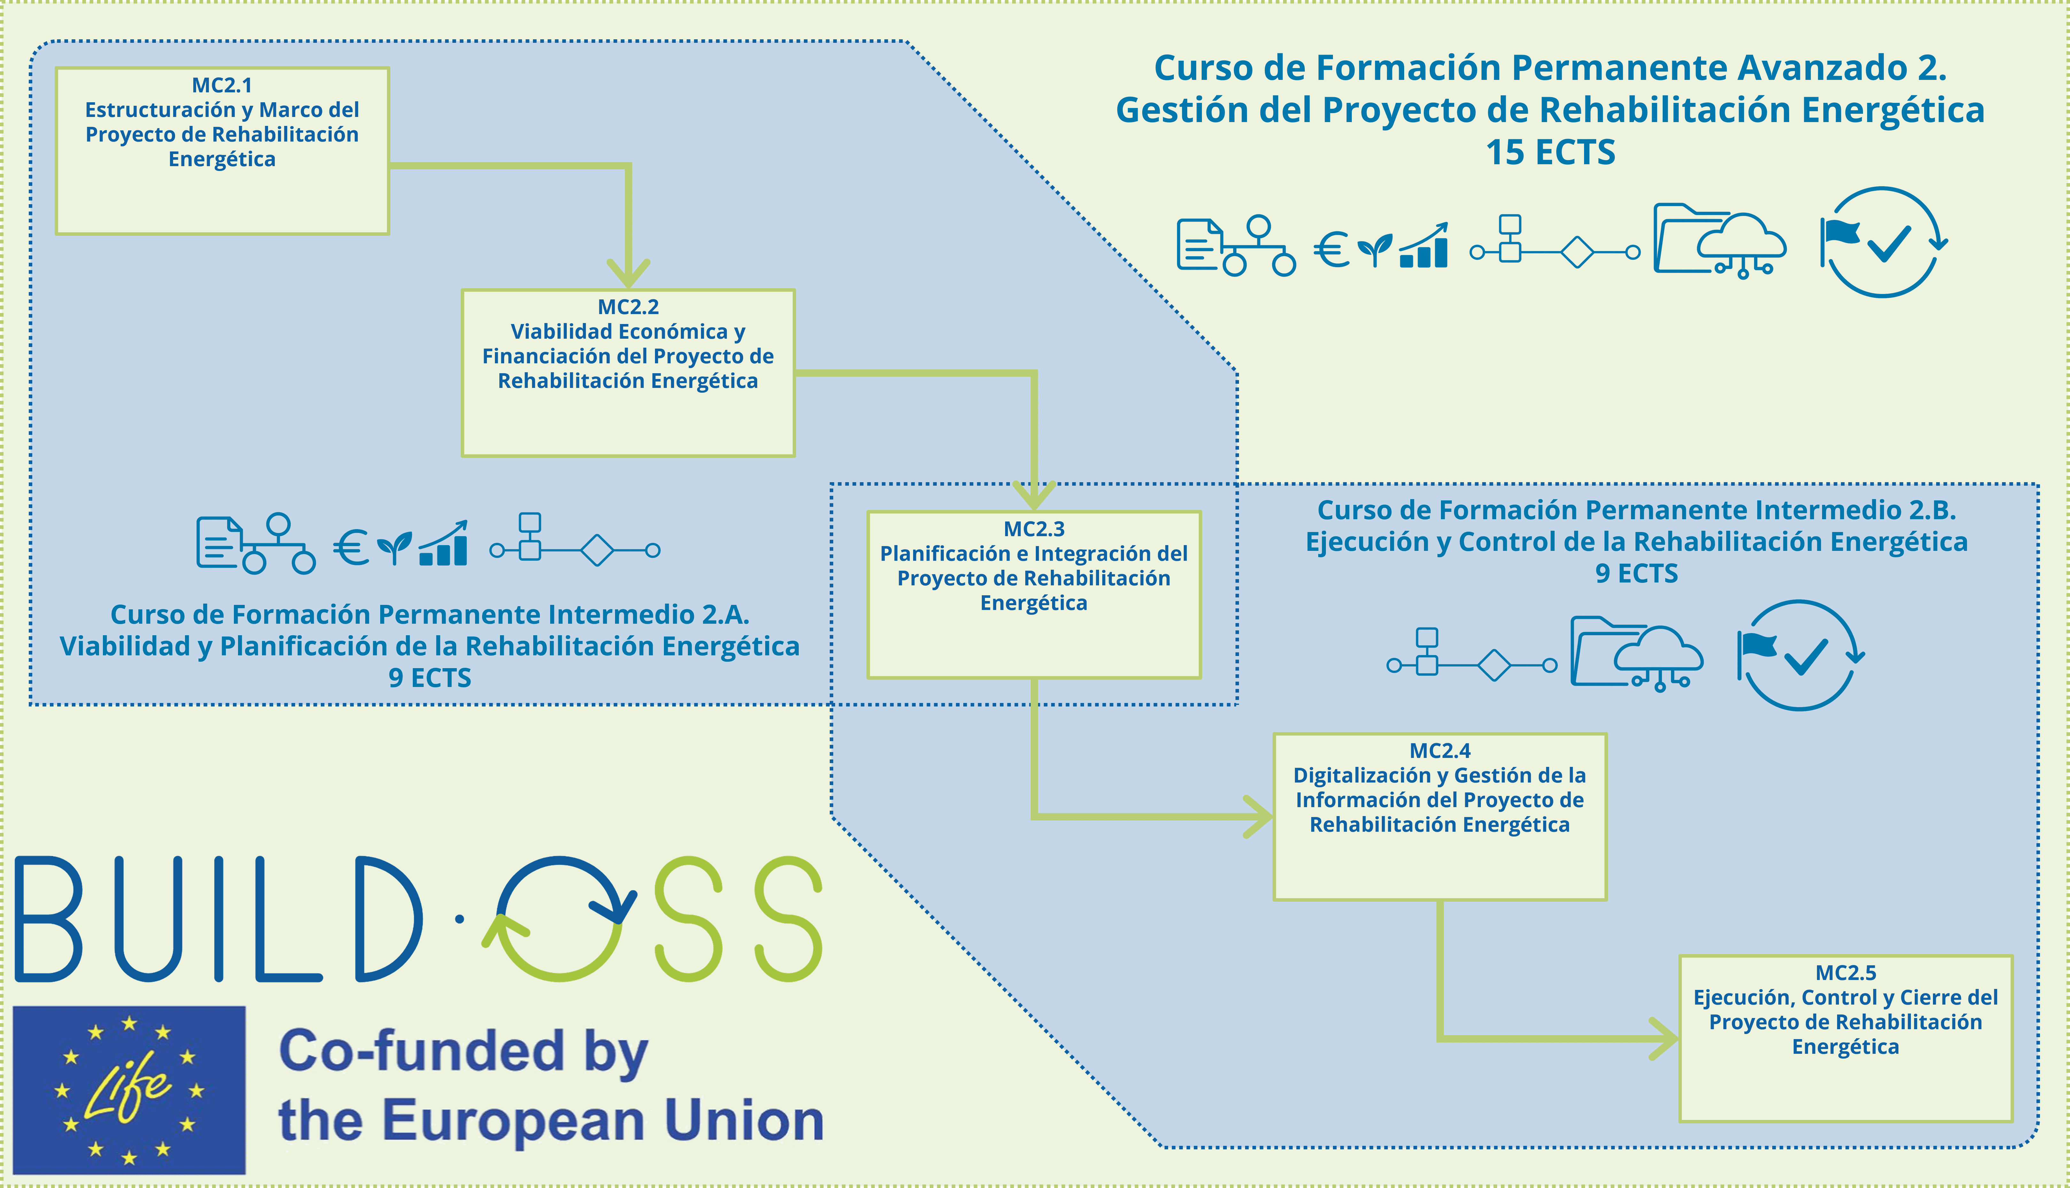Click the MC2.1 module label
click(x=222, y=85)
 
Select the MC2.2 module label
click(x=628, y=307)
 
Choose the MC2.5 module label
click(x=1846, y=973)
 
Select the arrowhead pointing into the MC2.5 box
click(x=1664, y=1039)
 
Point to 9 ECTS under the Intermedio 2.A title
click(x=430, y=678)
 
